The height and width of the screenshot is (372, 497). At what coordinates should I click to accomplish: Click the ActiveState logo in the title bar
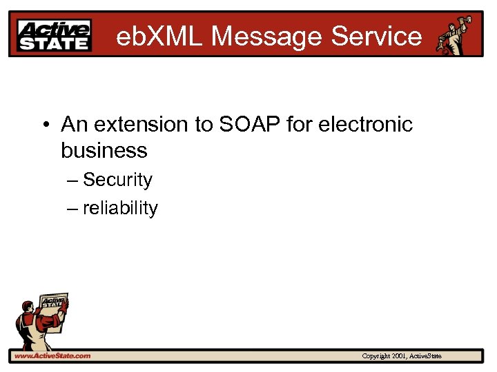(x=55, y=35)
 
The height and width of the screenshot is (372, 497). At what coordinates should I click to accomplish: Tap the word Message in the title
(x=267, y=36)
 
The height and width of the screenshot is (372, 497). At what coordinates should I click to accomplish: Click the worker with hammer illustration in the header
(x=454, y=34)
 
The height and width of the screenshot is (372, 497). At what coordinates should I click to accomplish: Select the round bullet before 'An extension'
(x=46, y=125)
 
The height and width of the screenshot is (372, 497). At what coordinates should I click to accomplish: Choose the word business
(x=104, y=150)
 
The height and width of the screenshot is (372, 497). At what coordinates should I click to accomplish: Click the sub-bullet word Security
(x=117, y=180)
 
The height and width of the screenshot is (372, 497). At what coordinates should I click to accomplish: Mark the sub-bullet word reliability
(x=120, y=208)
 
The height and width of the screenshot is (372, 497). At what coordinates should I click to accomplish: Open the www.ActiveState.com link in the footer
(x=52, y=355)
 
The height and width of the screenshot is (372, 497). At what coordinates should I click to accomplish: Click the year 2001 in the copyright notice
(x=398, y=356)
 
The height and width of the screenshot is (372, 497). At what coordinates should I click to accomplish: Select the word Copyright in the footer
(x=376, y=356)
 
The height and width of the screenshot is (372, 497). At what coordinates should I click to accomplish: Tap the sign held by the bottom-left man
(x=53, y=307)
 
